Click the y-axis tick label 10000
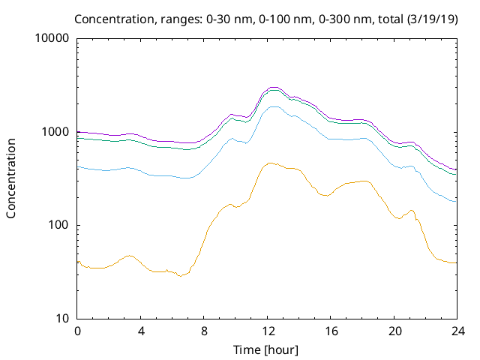pos(52,39)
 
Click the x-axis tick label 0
pos(77,331)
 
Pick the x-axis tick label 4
pos(141,331)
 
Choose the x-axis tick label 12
pos(267,331)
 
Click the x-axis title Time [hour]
pos(267,349)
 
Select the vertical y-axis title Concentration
pos(11,178)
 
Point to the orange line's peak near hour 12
pos(270,163)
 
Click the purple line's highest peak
pos(274,87)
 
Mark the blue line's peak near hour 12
pos(274,106)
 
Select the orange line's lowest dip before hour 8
pos(179,276)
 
